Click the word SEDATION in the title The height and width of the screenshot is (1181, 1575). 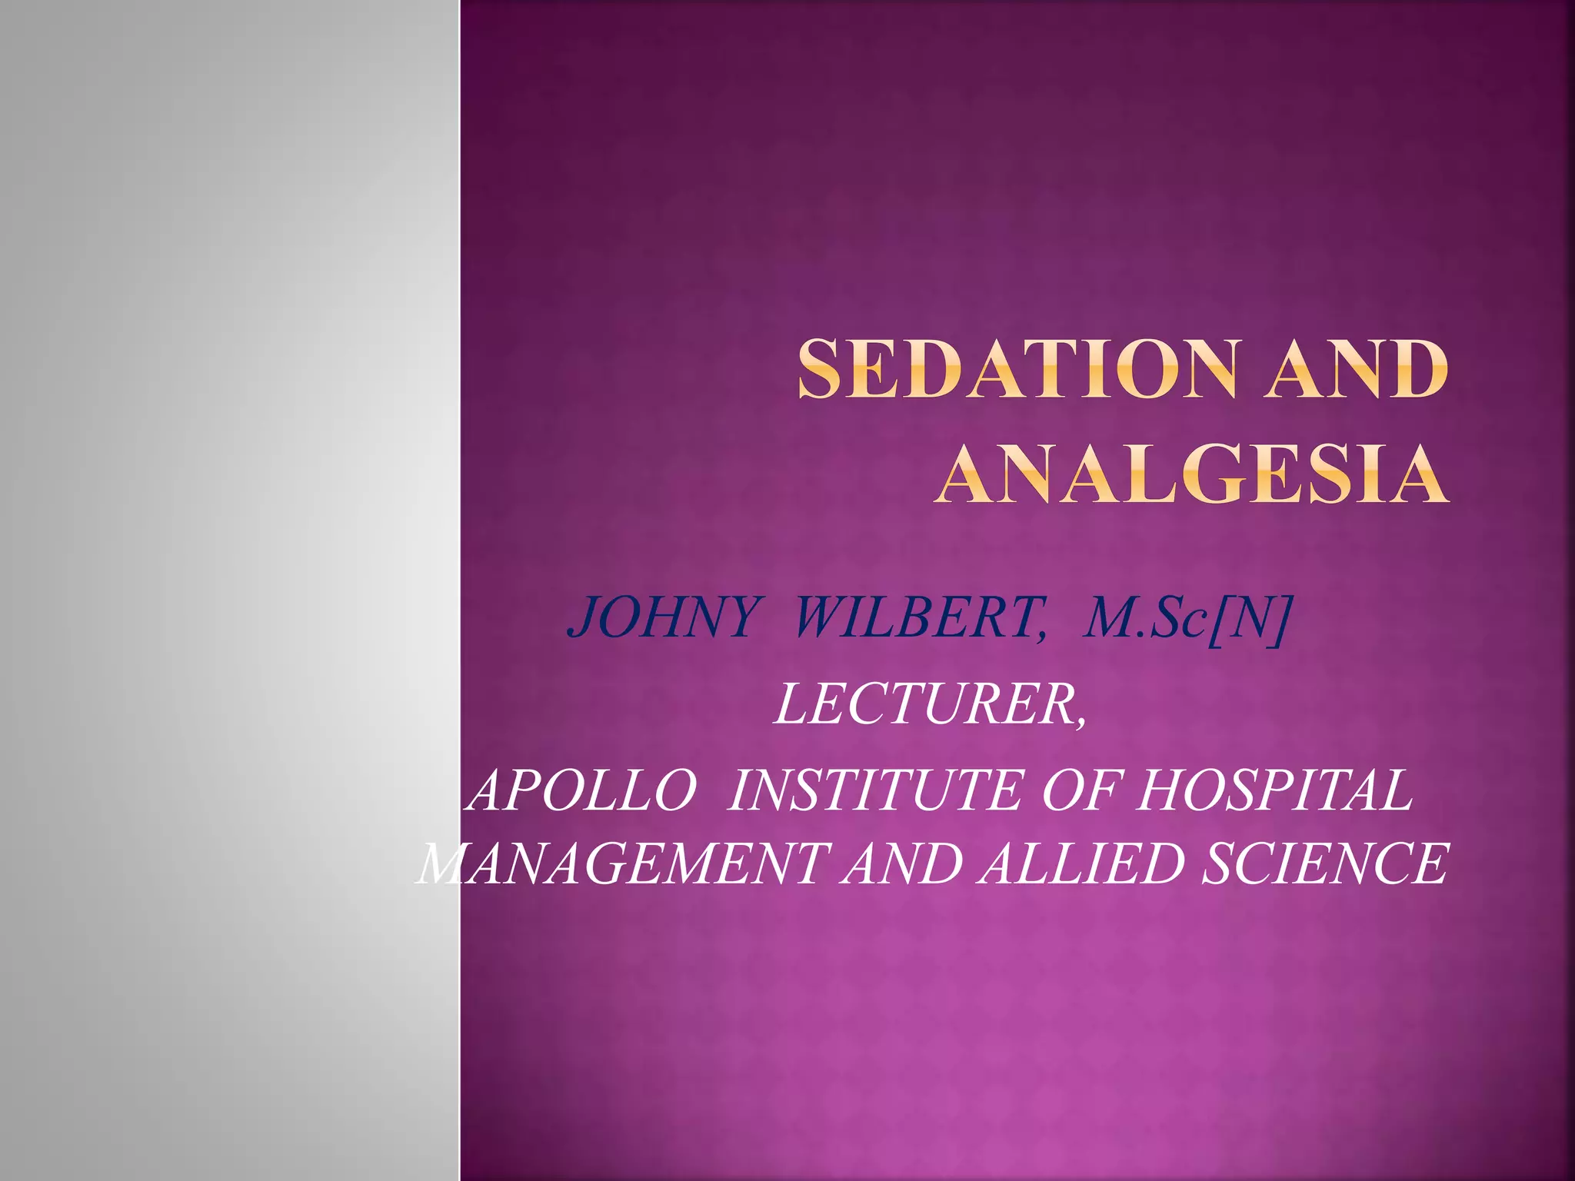point(1017,371)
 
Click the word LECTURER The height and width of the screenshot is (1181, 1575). point(927,704)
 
